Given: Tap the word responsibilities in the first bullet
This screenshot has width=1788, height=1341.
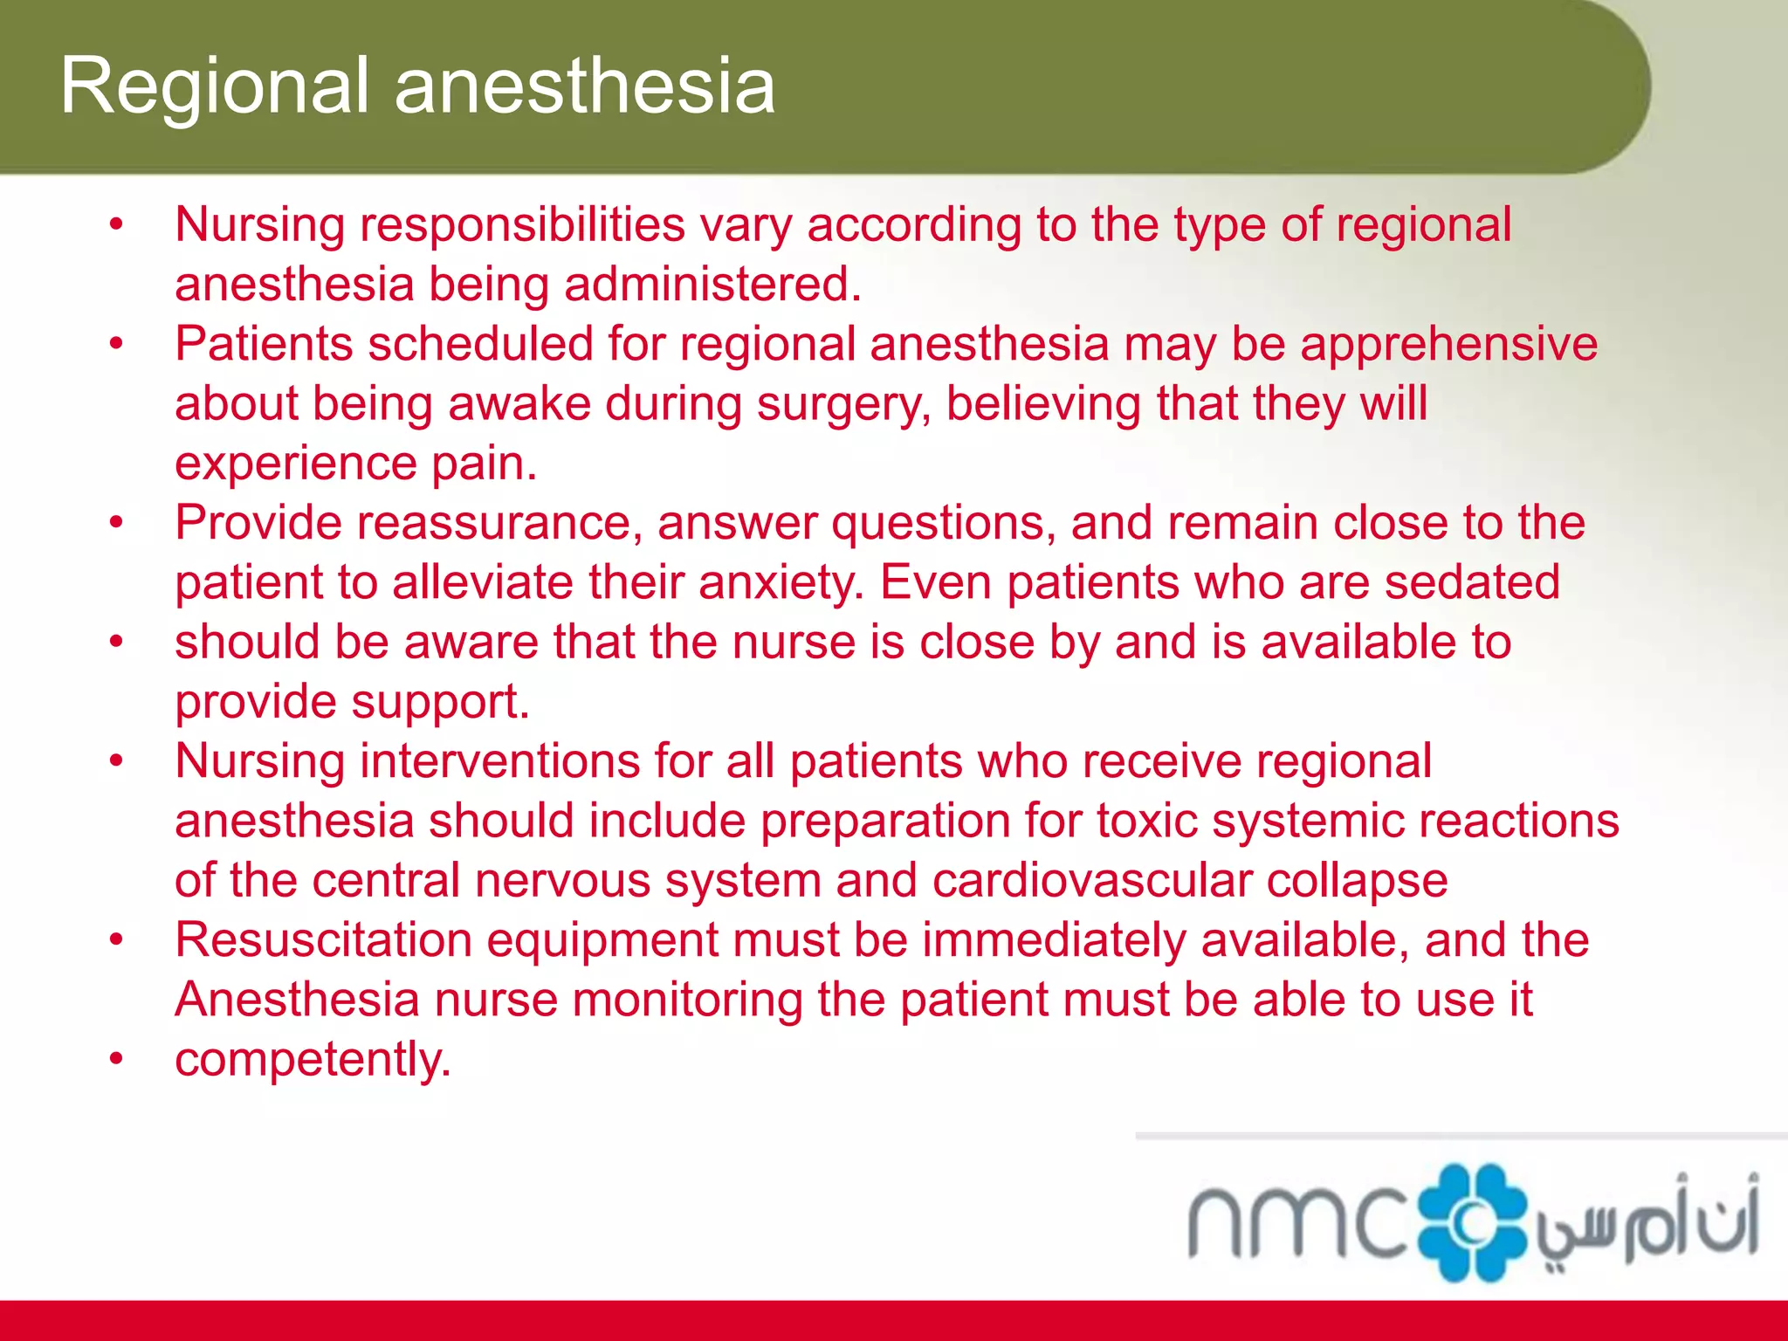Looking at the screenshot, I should (x=522, y=225).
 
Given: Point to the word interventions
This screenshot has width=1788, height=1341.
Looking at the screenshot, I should (x=500, y=761).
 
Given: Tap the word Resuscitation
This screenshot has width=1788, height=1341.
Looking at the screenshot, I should (x=323, y=940).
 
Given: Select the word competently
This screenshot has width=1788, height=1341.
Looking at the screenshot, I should (x=313, y=1060).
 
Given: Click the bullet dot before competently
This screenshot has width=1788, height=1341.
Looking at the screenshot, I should (x=117, y=1059).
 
